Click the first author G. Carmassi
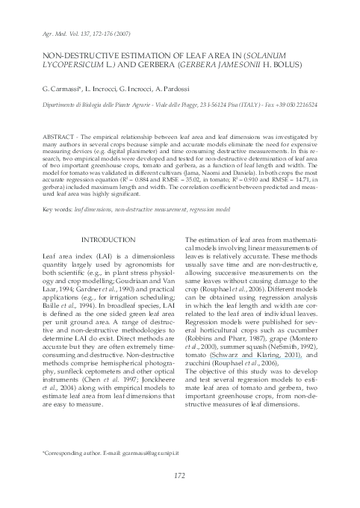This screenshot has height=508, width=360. [x=60, y=89]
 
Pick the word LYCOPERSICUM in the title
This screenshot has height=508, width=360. [x=75, y=65]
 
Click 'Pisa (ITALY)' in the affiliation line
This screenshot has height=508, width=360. [x=232, y=105]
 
